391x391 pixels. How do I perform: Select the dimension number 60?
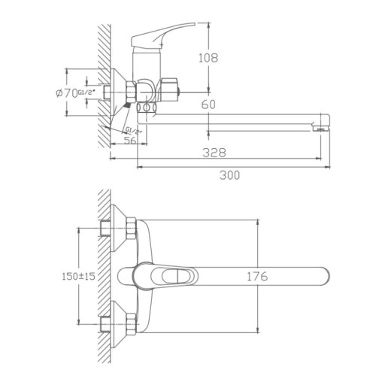tap(210, 105)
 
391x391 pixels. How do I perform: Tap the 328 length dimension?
tap(218, 152)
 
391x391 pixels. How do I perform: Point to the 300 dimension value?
tap(230, 175)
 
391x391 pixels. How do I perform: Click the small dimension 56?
tap(129, 141)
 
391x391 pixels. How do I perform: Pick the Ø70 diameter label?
tap(68, 93)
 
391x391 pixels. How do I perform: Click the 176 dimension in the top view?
tap(258, 276)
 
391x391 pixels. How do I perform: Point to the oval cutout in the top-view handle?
tap(174, 277)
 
